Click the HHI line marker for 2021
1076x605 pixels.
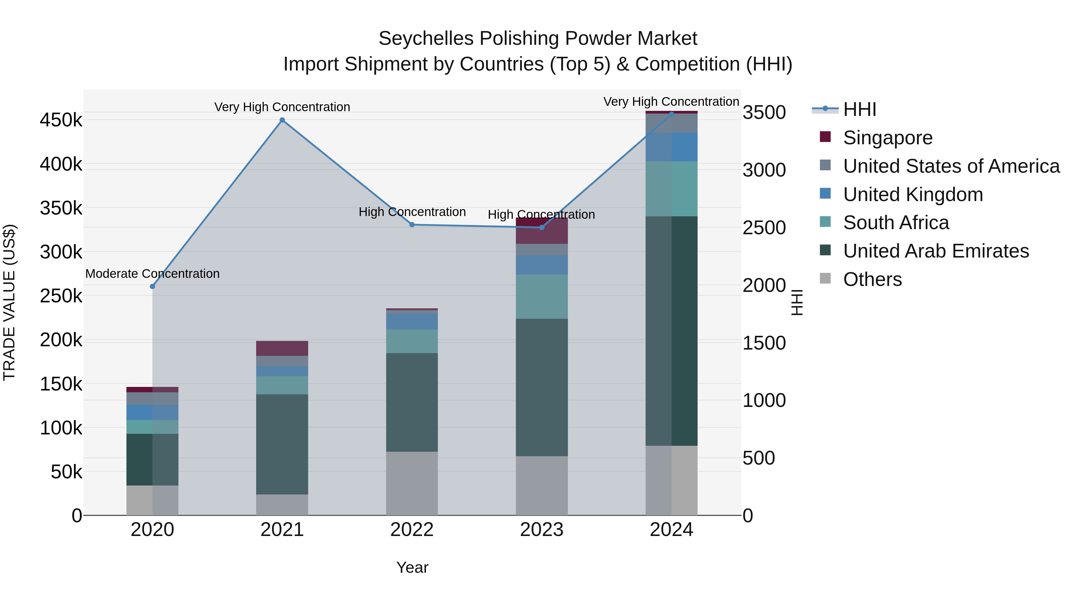coord(282,120)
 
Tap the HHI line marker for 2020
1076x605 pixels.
coord(152,287)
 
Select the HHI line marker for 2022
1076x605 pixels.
coord(412,225)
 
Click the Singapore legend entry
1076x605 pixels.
coord(888,138)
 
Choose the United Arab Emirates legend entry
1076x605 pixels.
coord(936,251)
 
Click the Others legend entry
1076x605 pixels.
coord(872,279)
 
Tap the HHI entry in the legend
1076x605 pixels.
coord(859,109)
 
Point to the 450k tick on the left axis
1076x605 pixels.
coord(61,120)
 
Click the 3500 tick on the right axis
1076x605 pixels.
coord(764,112)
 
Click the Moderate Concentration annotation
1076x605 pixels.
coord(152,274)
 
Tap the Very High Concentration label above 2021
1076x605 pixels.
coord(282,107)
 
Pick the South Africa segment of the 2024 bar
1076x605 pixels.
coord(671,189)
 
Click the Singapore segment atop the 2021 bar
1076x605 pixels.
coord(282,348)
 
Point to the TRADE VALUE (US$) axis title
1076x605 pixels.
coord(10,302)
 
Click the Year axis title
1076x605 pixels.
coord(412,567)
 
